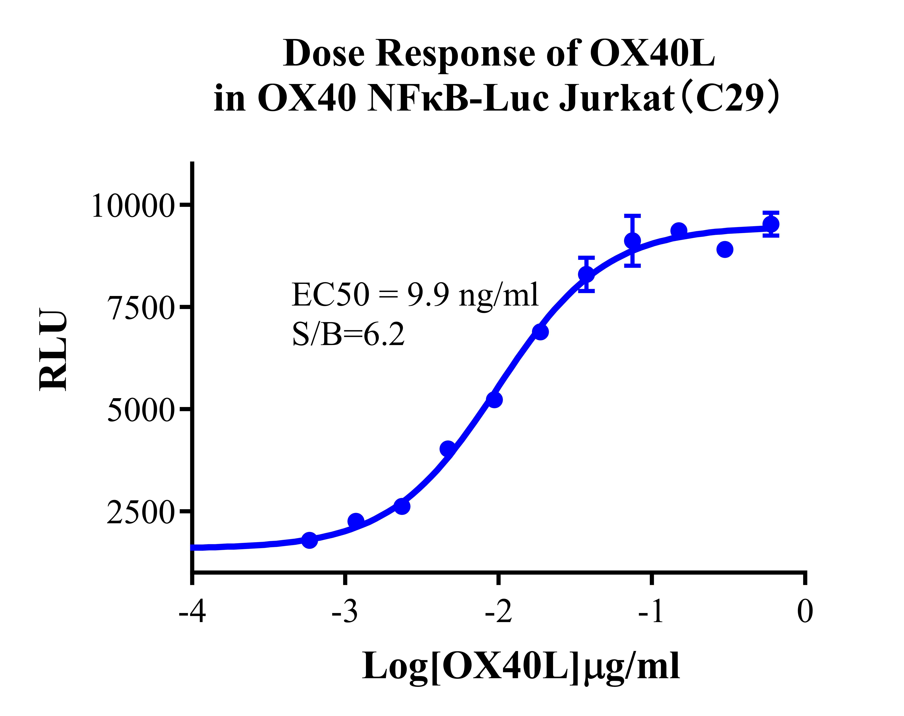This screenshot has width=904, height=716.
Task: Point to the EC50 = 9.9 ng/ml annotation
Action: (415, 295)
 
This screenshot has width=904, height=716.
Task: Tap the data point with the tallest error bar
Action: (633, 241)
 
